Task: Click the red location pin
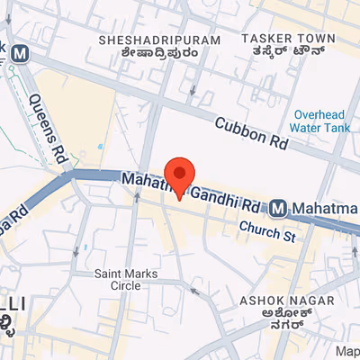pyautogui.click(x=181, y=175)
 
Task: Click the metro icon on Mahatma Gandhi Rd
pyautogui.click(x=279, y=209)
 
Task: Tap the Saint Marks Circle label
pyautogui.click(x=125, y=279)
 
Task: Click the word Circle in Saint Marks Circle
pyautogui.click(x=125, y=285)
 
